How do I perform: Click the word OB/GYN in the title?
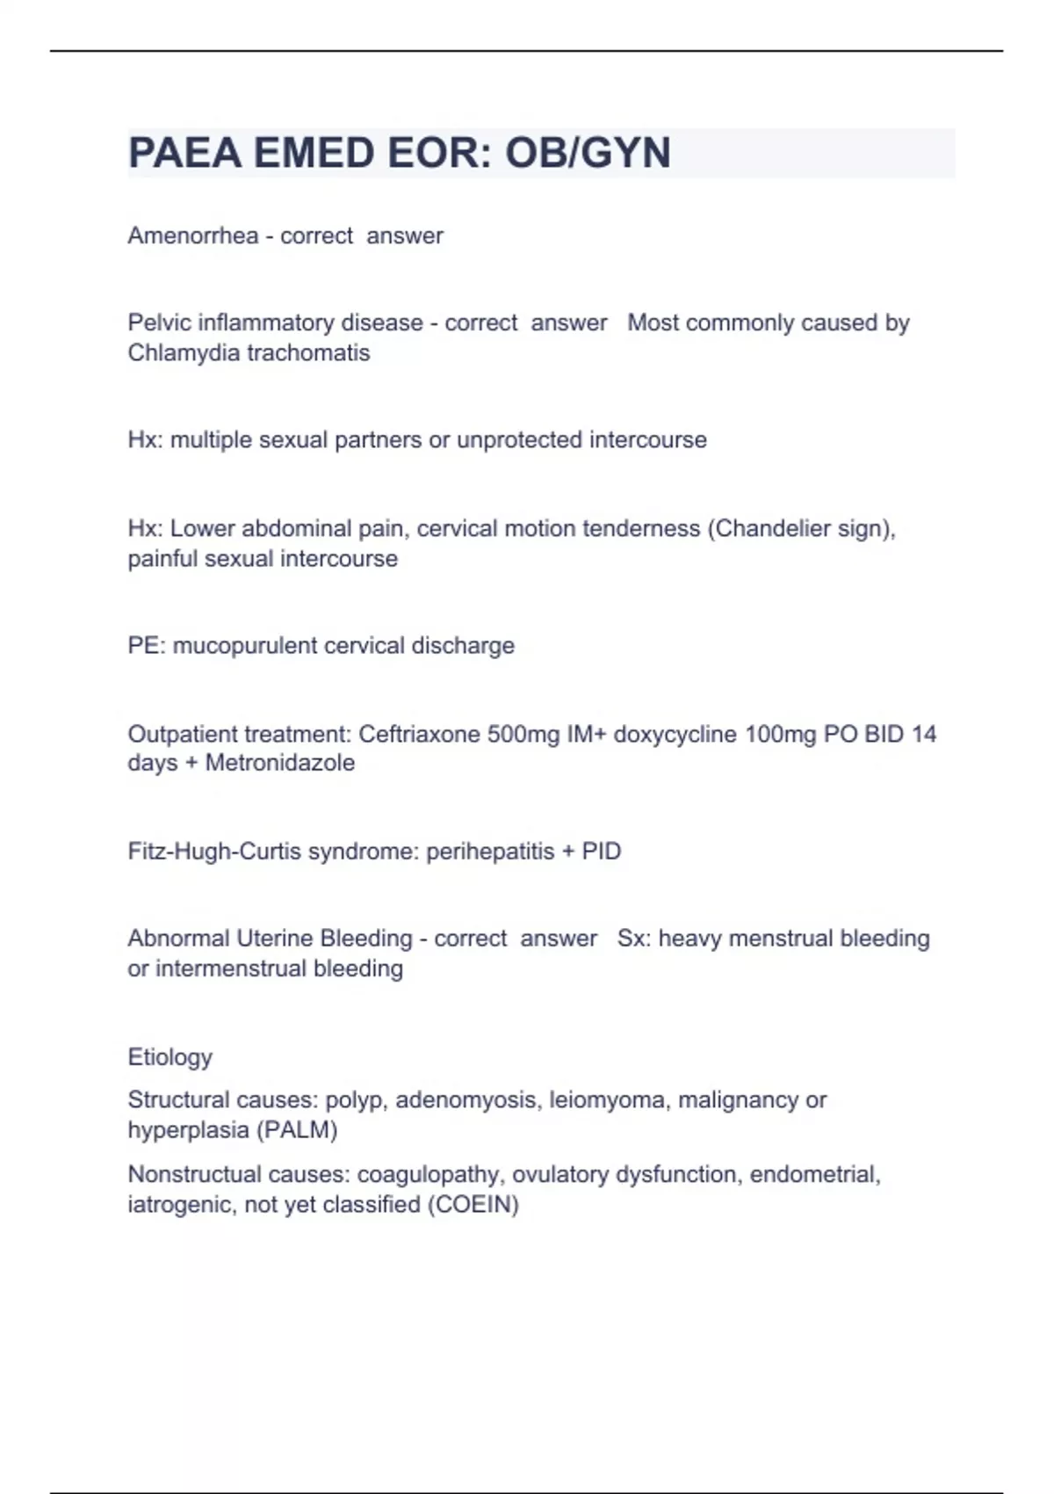(x=588, y=153)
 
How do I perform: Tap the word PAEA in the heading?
(x=184, y=153)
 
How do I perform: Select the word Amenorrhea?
(x=193, y=236)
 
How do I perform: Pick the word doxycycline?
(x=675, y=734)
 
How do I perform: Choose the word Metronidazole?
(x=280, y=763)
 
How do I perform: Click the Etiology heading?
(x=170, y=1056)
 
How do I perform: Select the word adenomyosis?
(x=466, y=1100)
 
